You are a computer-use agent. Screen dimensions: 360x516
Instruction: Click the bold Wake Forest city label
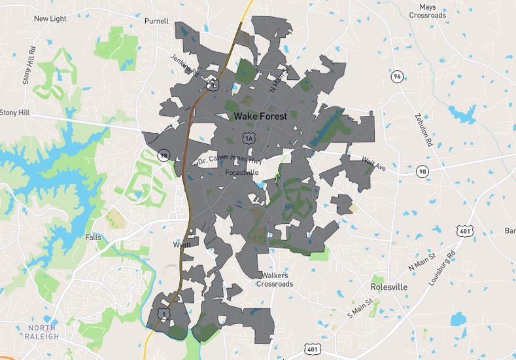point(260,117)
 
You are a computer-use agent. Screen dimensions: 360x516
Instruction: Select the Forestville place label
point(242,172)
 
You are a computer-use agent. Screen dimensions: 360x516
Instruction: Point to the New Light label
point(50,19)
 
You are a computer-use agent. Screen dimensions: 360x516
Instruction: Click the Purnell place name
point(156,21)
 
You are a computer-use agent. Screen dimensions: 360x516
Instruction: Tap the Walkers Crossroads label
point(275,279)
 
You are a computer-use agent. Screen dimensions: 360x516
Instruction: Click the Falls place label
point(93,237)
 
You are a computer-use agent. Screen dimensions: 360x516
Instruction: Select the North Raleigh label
point(43,332)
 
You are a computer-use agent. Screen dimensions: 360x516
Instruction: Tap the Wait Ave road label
point(374,164)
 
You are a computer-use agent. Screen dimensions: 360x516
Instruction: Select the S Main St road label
point(360,308)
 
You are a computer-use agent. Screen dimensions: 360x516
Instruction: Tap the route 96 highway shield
point(396,77)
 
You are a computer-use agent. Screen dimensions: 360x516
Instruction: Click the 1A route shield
point(248,137)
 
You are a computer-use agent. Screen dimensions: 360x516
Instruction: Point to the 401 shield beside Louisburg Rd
point(465,230)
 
